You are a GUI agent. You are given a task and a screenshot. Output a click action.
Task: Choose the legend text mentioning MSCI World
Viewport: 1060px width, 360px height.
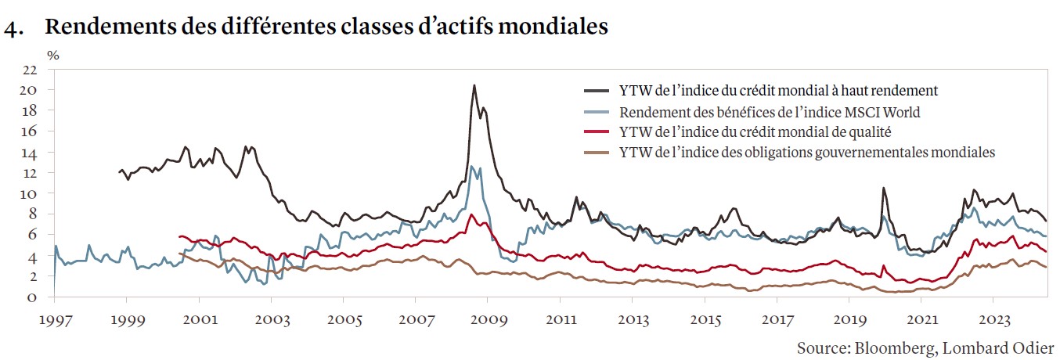[x=770, y=112]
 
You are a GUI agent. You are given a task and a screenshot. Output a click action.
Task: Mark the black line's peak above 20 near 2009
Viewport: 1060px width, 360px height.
[x=474, y=85]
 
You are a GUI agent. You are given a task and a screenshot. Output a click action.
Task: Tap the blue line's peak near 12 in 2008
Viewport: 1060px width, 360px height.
[x=472, y=166]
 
